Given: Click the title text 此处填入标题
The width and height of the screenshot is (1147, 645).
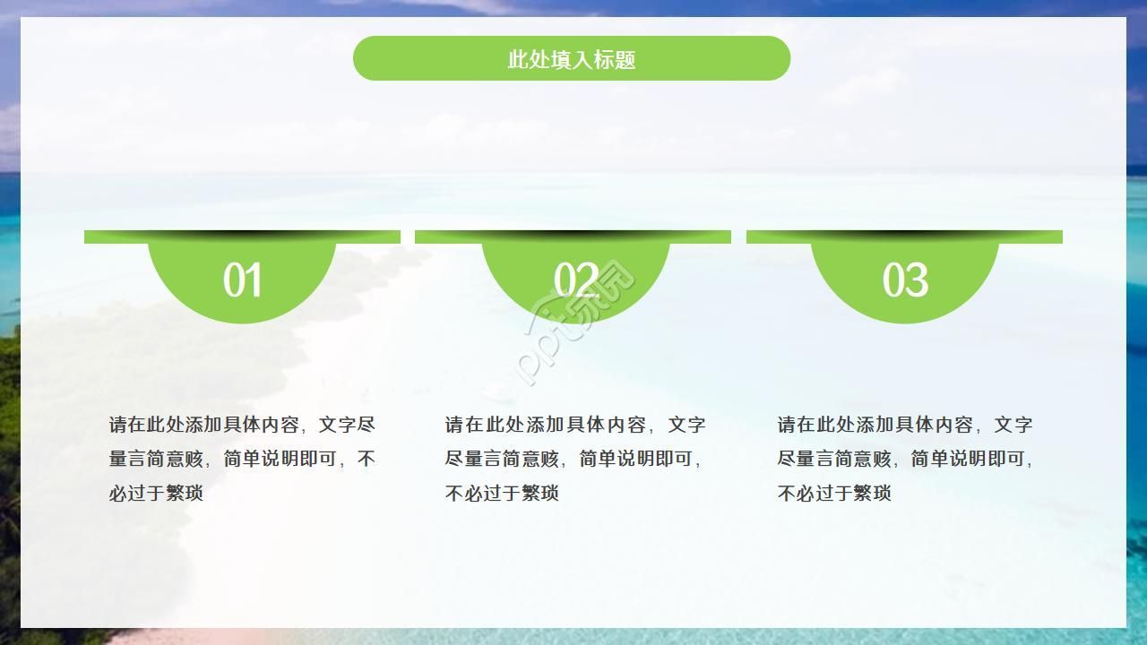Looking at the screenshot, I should [x=572, y=60].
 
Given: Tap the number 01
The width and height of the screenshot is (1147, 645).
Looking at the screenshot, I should [x=242, y=280].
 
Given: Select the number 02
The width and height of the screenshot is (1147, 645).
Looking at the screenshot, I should [x=575, y=280].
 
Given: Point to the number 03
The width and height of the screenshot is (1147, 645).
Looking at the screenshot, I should [x=905, y=280].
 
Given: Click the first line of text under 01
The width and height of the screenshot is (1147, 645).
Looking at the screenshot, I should [x=242, y=425].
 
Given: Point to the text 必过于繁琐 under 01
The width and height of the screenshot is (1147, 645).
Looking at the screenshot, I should [x=157, y=493].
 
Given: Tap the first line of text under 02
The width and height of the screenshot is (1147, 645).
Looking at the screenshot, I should [x=575, y=425].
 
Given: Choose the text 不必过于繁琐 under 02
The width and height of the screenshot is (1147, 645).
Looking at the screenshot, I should [x=502, y=493].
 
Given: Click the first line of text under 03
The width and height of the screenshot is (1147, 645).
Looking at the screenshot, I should [x=905, y=425].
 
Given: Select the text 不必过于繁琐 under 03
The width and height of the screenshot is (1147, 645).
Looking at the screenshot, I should [x=834, y=493].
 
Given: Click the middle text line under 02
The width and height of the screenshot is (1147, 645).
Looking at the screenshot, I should [x=573, y=459].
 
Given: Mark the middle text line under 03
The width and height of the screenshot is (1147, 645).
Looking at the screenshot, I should [x=905, y=459].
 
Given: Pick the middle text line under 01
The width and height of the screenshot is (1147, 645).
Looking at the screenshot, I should [x=242, y=459].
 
